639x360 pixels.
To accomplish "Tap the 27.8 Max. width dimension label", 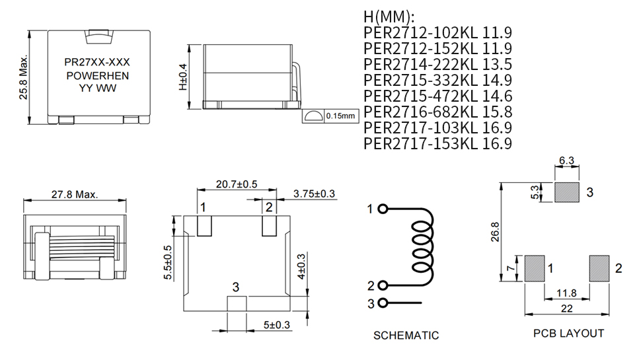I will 75,194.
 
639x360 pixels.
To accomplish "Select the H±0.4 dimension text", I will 183,77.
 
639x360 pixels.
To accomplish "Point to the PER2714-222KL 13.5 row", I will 437,64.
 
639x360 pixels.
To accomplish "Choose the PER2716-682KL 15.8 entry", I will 437,112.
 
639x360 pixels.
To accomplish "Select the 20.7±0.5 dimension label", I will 237,184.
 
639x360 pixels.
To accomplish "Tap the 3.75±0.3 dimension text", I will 315,194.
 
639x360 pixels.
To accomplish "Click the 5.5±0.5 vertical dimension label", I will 168,263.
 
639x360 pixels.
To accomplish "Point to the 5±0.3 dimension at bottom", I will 277,324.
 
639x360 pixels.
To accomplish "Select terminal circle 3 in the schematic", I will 381,303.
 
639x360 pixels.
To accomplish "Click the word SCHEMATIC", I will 406,336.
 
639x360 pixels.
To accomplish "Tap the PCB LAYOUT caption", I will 568,334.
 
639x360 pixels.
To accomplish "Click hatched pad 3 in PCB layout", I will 566,192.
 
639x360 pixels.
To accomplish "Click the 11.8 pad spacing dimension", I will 566,293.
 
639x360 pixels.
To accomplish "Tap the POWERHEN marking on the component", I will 98,76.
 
